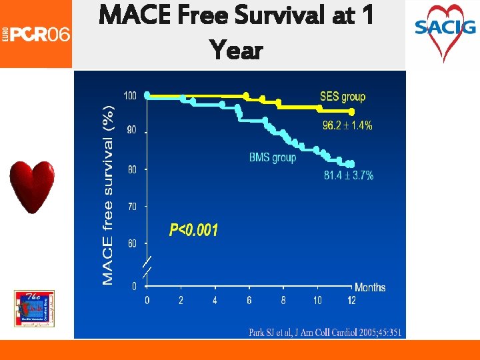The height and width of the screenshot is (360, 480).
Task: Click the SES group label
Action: tap(343, 97)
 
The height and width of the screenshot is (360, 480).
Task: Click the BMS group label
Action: tap(272, 158)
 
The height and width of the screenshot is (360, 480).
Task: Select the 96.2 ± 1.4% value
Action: tap(347, 125)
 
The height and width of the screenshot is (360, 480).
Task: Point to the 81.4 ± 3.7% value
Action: tap(349, 175)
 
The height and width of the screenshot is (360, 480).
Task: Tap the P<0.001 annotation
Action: tap(193, 231)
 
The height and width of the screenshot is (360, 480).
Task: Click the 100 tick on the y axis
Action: tap(129, 96)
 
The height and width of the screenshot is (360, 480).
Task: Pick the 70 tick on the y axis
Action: tap(131, 207)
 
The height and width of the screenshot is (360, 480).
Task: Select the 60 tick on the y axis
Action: tap(131, 244)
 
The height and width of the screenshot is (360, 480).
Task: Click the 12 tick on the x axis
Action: tap(351, 301)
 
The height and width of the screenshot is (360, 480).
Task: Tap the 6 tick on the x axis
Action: tap(249, 301)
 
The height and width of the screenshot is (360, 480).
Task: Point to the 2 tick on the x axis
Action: tap(181, 301)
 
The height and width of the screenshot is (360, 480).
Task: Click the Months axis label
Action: tap(370, 287)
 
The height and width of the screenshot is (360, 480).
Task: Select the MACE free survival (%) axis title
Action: tap(108, 193)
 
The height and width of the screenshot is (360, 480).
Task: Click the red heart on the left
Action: tap(32, 187)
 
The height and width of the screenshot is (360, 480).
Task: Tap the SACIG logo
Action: tap(445, 30)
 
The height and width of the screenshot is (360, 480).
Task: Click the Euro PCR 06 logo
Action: tap(36, 33)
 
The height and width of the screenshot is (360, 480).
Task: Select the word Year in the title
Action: tap(235, 49)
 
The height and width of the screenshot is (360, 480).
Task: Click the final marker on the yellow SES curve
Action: tap(351, 112)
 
